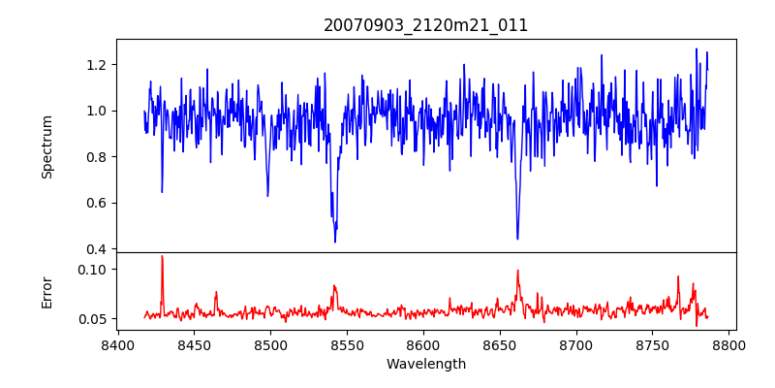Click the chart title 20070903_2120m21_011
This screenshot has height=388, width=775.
425,25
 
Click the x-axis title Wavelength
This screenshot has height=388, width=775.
425,365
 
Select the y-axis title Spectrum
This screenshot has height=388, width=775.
46,146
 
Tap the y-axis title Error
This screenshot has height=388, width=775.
46,291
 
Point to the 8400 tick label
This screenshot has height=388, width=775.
117,345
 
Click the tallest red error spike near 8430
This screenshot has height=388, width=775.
162,256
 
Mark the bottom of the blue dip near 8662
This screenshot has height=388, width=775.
517,239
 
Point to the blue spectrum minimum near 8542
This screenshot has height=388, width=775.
335,242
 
